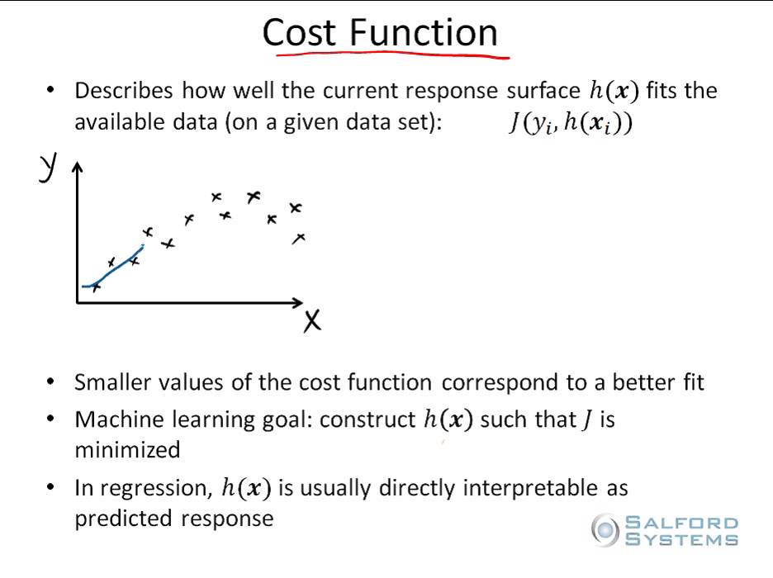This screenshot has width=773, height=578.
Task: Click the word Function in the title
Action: pos(423,33)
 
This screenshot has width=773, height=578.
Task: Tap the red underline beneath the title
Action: pos(388,55)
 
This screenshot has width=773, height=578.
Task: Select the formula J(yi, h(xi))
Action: pos(571,124)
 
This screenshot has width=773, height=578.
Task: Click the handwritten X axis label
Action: pos(311,320)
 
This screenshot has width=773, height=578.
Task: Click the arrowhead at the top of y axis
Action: pos(78,168)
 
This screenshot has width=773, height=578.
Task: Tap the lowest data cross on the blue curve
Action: pos(96,287)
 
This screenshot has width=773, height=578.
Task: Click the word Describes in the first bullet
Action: pos(124,91)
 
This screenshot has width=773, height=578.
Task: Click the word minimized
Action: pos(127,450)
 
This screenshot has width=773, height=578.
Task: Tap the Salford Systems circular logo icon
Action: pos(605,528)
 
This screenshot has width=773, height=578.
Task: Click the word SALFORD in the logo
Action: pos(681,523)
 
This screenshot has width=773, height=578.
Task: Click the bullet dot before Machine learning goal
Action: pos(53,419)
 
